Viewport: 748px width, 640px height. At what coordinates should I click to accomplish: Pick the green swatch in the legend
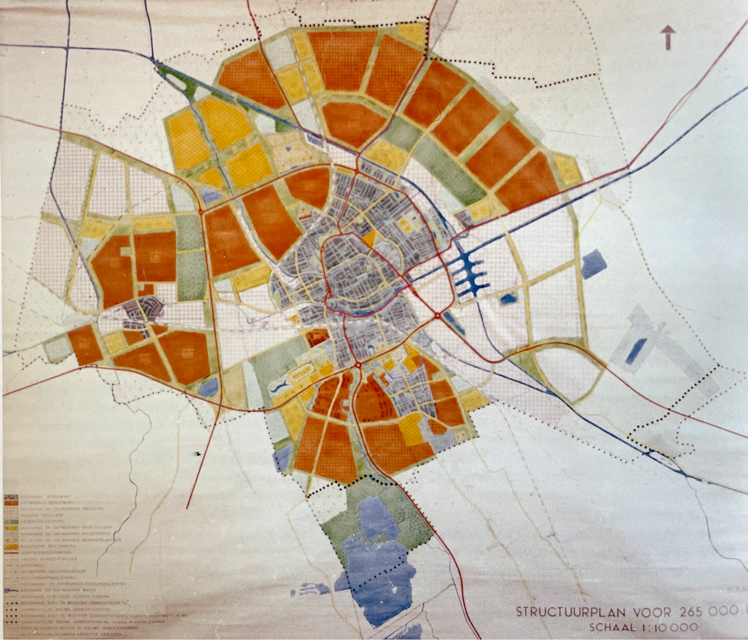click(x=11, y=520)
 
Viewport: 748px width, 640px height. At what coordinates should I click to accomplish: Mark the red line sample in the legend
click(x=11, y=553)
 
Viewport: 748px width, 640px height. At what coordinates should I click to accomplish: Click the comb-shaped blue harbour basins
click(x=470, y=273)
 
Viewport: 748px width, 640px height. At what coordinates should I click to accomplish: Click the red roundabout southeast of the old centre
click(x=438, y=316)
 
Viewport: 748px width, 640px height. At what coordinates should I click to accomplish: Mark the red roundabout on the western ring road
click(x=201, y=212)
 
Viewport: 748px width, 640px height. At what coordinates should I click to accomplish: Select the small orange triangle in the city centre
click(x=369, y=237)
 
